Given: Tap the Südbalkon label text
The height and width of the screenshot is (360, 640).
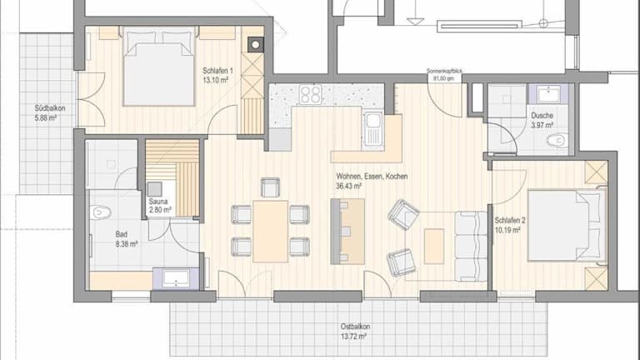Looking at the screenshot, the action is (x=50, y=108).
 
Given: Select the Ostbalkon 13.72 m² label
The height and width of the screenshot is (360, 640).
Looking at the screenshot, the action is (x=355, y=332).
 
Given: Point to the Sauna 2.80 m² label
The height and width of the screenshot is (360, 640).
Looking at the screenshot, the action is (x=160, y=206).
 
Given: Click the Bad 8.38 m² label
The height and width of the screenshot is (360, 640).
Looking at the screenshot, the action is (x=126, y=239).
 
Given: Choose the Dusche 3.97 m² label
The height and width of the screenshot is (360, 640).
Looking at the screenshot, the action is (x=542, y=120).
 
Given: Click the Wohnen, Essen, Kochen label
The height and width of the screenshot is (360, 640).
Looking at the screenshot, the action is (x=372, y=177).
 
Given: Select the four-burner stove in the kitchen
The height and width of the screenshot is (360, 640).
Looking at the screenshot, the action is (x=311, y=94).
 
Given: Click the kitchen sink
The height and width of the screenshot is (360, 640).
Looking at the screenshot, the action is (x=372, y=127).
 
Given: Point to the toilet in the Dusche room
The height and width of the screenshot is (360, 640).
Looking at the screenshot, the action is (x=556, y=140).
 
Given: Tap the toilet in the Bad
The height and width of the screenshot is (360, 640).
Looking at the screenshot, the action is (x=100, y=212).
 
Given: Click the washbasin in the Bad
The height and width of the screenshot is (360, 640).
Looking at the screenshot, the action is (x=177, y=278).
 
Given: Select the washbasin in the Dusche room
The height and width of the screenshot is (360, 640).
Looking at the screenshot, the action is (x=548, y=94).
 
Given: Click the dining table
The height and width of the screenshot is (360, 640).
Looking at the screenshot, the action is (x=271, y=231).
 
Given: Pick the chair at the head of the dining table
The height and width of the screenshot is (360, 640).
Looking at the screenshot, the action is (x=270, y=187).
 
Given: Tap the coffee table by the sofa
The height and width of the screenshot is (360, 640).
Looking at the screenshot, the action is (x=434, y=246).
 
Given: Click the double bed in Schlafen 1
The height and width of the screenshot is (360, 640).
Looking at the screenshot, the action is (x=159, y=66).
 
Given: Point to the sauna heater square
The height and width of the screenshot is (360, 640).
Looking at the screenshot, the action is (x=155, y=189).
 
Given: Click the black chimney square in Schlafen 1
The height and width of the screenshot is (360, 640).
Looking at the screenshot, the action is (x=256, y=45).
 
